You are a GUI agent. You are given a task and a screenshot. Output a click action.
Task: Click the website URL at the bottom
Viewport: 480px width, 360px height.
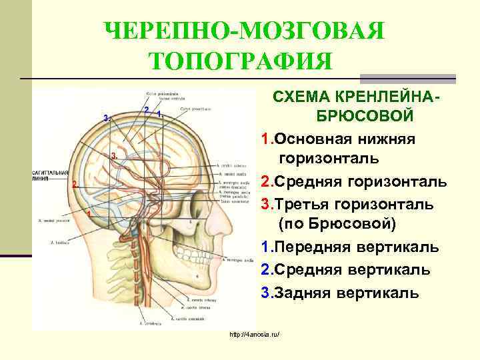click(x=253, y=333)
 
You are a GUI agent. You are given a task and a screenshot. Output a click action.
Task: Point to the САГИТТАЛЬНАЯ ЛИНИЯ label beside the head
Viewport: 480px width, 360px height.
click(x=49, y=175)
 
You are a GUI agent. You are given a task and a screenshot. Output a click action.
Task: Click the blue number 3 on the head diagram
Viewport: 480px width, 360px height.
click(x=105, y=118)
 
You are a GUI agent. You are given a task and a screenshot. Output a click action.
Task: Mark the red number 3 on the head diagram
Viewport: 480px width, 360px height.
click(x=113, y=155)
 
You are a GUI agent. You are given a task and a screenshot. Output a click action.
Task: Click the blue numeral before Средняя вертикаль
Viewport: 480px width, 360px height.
click(x=265, y=270)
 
